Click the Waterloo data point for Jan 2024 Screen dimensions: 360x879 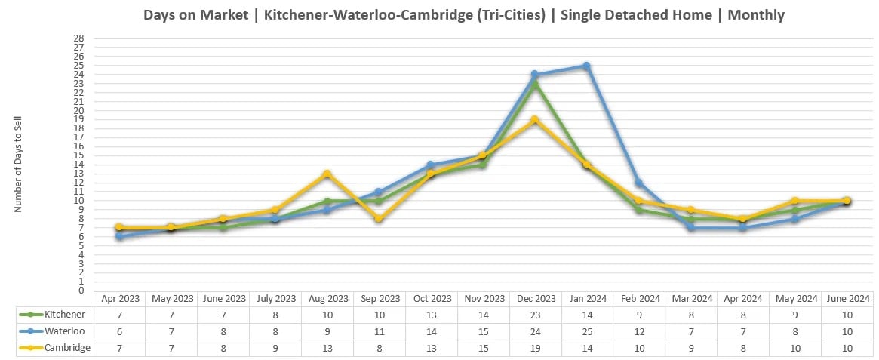point(586,66)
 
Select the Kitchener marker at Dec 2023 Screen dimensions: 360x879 point(534,85)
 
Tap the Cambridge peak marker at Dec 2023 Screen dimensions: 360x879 point(534,120)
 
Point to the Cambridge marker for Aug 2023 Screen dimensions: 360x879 point(327,174)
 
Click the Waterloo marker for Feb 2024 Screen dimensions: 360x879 point(638,183)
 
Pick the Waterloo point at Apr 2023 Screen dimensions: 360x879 point(118,236)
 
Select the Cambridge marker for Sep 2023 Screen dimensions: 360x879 point(379,219)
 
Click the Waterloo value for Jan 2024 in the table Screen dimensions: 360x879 point(586,331)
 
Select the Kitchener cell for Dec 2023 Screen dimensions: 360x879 point(534,314)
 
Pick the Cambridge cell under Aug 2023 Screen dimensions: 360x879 point(327,347)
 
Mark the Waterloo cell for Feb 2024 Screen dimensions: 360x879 point(638,331)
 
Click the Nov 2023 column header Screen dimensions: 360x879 point(483,298)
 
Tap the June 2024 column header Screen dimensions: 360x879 point(847,298)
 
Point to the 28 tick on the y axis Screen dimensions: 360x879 point(78,38)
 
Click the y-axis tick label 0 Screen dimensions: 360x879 point(81,291)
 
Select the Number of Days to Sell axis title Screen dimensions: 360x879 point(19,165)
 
